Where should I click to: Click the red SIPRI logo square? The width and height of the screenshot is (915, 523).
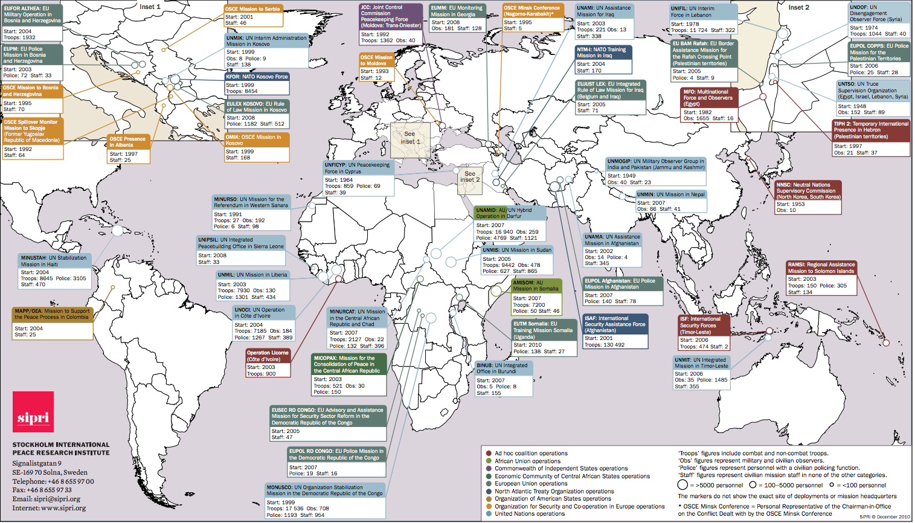(33, 411)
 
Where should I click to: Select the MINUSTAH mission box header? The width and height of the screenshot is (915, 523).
(54, 261)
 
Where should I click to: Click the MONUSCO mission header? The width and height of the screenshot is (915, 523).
(325, 490)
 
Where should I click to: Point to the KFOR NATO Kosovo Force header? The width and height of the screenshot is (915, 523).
(257, 77)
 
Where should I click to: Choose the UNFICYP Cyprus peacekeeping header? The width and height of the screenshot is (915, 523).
(358, 168)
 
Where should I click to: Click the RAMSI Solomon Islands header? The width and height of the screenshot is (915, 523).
(821, 268)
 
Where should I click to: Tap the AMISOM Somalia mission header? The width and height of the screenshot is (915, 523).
(536, 285)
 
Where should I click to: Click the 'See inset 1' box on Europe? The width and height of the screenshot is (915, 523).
(410, 138)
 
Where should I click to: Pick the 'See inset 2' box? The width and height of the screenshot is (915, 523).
(469, 177)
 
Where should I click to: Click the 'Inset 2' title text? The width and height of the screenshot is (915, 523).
(798, 7)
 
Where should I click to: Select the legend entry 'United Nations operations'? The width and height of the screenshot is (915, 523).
(530, 514)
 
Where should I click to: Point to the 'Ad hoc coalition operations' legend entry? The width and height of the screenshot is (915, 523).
(531, 453)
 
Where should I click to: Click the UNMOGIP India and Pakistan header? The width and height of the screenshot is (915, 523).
(655, 164)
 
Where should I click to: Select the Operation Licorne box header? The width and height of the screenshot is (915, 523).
(268, 356)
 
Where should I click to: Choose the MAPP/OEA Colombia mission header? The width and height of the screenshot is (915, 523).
(52, 314)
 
